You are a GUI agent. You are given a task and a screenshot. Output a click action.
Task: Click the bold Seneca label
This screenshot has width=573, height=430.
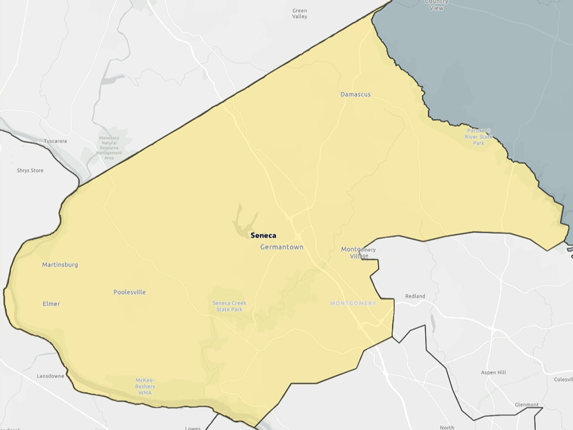[263, 236]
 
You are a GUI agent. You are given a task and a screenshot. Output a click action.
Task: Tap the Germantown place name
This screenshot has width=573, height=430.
[282, 247]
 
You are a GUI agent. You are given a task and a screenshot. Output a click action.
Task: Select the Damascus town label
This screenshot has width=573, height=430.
[355, 94]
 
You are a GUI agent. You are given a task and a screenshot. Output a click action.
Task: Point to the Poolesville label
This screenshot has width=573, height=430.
[129, 292]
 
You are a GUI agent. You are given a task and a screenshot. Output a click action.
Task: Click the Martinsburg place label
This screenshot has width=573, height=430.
[60, 264]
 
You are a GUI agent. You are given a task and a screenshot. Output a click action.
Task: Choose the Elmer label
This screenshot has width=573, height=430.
[51, 304]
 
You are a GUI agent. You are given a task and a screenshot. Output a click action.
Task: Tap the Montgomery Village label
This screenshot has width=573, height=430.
[358, 253]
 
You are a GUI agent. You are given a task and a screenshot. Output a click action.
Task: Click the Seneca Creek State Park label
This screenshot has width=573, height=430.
[229, 306]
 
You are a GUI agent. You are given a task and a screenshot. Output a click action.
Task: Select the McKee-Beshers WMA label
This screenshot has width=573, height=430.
[145, 386]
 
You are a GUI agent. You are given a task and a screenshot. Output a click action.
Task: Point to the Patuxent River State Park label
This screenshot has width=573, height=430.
[479, 136]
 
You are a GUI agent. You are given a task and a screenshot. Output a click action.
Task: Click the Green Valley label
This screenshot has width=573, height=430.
[300, 13]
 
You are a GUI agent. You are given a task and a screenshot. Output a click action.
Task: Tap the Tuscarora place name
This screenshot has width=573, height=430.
[55, 141]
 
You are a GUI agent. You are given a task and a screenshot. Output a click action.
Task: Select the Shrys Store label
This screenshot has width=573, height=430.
[30, 170]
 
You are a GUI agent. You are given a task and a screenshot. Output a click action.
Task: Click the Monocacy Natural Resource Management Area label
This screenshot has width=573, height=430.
[109, 148]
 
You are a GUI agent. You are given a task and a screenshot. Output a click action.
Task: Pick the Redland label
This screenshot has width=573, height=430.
[415, 296]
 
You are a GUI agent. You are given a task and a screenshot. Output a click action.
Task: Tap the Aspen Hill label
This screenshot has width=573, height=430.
[493, 373]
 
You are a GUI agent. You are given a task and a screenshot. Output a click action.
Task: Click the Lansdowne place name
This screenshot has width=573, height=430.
[50, 376]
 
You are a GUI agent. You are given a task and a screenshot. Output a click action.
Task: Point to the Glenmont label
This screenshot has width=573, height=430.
[527, 405]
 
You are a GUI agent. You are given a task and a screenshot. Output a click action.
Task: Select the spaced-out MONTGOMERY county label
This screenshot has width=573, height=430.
[353, 304]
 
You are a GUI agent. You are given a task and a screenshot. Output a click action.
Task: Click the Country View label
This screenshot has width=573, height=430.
[436, 5]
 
